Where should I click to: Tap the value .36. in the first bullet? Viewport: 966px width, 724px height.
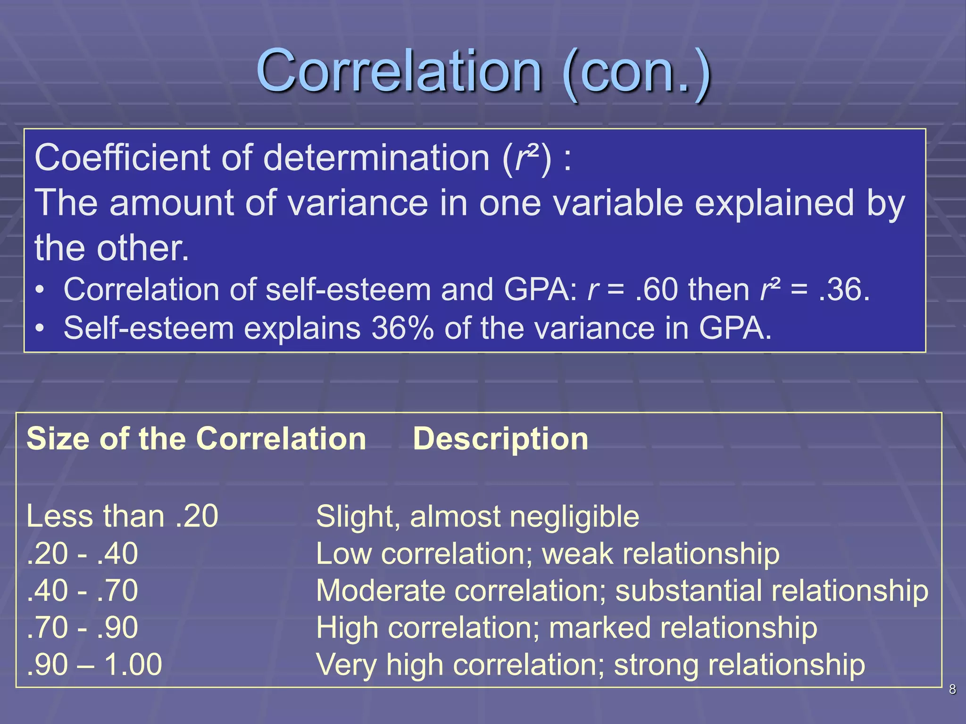[844, 289]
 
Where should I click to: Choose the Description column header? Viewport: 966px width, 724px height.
[500, 439]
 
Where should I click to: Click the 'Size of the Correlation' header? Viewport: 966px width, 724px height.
[196, 439]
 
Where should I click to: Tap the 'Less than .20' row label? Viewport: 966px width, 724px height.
[122, 516]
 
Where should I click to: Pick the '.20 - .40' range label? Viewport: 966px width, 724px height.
[83, 553]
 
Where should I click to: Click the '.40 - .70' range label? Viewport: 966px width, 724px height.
[83, 591]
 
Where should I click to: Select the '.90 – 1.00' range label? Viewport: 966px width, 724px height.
[94, 665]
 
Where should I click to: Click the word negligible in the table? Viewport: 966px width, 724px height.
[574, 517]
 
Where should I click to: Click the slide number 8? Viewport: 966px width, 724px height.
[952, 690]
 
